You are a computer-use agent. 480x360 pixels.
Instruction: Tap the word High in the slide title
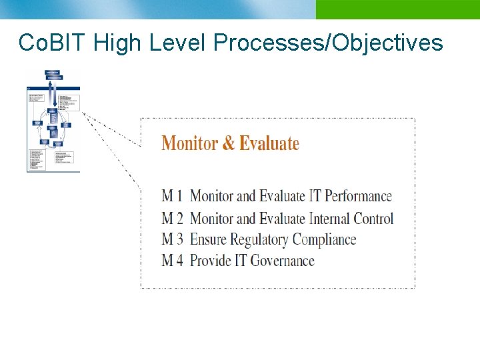click(x=118, y=43)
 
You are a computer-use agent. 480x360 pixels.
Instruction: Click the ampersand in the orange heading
click(x=228, y=143)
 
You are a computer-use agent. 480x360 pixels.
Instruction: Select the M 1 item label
click(x=172, y=196)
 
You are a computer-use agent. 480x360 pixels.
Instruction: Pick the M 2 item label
click(x=172, y=218)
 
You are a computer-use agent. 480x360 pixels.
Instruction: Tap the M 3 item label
click(x=172, y=239)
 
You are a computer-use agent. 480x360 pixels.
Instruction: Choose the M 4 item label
click(x=172, y=261)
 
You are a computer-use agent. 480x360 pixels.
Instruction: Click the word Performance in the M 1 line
click(x=358, y=196)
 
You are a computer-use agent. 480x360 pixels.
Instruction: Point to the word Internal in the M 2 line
click(x=329, y=218)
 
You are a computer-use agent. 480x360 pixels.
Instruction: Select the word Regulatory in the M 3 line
click(x=256, y=239)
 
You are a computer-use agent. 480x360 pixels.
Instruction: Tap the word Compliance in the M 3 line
click(x=324, y=240)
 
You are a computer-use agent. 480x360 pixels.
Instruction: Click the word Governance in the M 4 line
click(x=282, y=261)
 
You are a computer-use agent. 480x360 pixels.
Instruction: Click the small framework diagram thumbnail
click(x=53, y=120)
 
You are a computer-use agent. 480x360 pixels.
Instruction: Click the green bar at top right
click(x=397, y=9)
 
